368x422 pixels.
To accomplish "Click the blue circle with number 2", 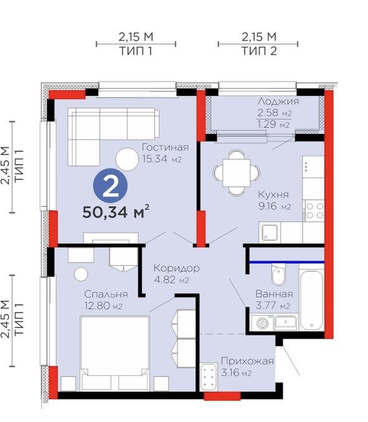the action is [110, 185].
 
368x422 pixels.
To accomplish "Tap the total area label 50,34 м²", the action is [116, 212].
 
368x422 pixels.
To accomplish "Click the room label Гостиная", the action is [165, 148].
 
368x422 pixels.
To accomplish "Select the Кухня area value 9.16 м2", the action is [275, 206].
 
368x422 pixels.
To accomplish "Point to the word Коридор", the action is [177, 268].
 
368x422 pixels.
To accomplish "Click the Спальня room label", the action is [106, 294].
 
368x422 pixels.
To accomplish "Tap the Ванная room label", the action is [274, 294].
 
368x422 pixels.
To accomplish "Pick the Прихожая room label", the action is [247, 361].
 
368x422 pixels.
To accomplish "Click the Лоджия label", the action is [278, 101].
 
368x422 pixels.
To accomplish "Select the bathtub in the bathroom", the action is [311, 300].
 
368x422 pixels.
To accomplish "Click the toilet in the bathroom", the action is [278, 274].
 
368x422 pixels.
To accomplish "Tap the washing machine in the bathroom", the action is [261, 322].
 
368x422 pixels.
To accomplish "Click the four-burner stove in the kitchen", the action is [314, 211].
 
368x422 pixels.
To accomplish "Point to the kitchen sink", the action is [270, 232].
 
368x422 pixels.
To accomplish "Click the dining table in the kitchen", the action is [237, 172].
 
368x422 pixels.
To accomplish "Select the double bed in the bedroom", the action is [115, 353].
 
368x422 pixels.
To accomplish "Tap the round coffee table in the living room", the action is [127, 159].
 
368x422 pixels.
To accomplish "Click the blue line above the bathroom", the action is [286, 261].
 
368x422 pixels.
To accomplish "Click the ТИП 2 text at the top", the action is [259, 51].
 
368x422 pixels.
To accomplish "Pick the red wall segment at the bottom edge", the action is [222, 396].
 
